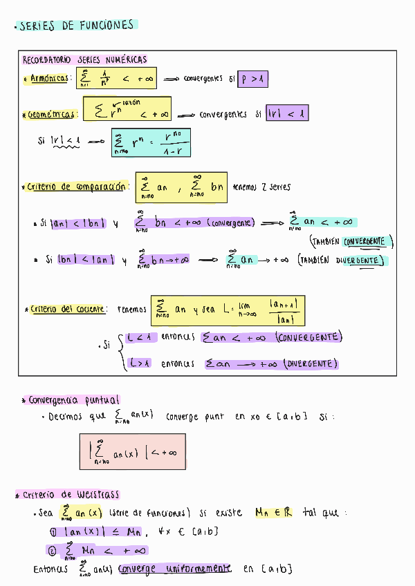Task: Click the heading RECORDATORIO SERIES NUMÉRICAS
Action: [x=84, y=60]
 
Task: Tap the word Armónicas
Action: [x=49, y=78]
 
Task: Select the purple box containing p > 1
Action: [x=252, y=79]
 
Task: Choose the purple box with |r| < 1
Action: [x=286, y=113]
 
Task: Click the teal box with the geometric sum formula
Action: [x=150, y=142]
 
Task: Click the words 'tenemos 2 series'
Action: [x=262, y=187]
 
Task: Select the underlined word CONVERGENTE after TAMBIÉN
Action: [x=367, y=242]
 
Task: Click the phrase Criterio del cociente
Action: [x=68, y=309]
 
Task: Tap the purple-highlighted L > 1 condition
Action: [x=140, y=363]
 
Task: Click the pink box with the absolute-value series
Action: [x=132, y=451]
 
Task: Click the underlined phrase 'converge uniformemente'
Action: [x=174, y=569]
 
